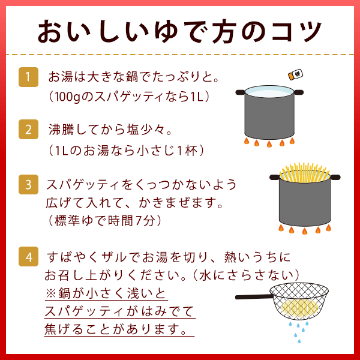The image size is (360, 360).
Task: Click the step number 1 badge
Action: click(28, 77)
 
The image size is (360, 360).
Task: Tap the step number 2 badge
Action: click(28, 129)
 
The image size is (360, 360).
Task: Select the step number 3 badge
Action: click(28, 184)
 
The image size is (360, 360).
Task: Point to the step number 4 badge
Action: click(28, 256)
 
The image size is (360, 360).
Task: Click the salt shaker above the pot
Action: click(296, 74)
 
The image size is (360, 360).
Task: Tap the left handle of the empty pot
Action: click(241, 92)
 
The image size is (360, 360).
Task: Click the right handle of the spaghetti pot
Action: click(335, 177)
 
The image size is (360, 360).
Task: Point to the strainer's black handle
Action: click(253, 296)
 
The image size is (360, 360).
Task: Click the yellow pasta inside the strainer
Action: click(299, 307)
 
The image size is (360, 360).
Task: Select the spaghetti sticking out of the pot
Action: click(304, 173)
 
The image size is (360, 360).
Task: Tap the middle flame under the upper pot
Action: click(269, 144)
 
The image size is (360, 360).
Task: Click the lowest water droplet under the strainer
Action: click(299, 341)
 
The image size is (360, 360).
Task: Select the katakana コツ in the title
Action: click(296, 31)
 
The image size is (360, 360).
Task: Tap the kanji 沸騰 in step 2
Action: click(61, 129)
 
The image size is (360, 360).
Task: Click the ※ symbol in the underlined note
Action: click(51, 293)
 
